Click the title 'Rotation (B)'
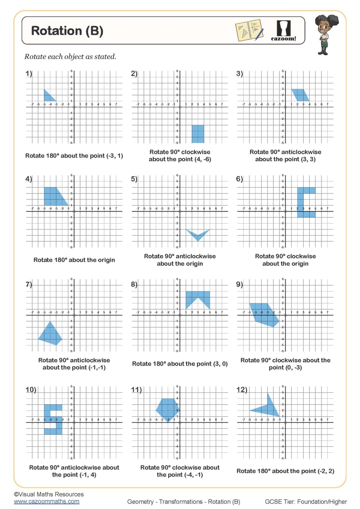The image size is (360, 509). point(67,31)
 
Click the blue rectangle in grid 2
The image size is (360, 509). point(198,134)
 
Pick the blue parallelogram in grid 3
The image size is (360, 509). point(300,95)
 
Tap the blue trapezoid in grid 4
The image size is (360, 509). point(54,195)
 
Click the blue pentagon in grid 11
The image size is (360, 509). point(167,408)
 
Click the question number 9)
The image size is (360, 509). point(240,284)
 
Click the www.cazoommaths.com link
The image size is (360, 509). point(46,501)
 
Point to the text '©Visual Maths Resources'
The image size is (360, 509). point(49,494)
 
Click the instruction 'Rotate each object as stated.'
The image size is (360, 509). point(70,57)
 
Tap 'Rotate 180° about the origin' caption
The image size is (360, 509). point(74,260)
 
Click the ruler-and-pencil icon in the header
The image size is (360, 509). point(249,30)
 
